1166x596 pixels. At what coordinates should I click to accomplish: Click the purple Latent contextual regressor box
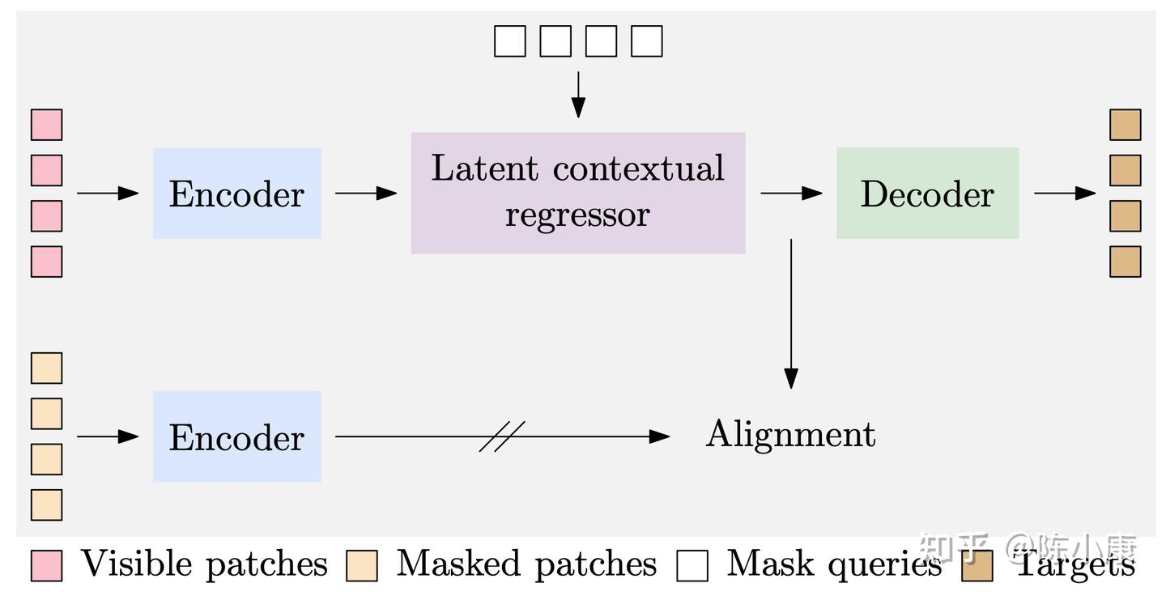click(577, 193)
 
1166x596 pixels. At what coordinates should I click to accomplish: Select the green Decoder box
click(927, 193)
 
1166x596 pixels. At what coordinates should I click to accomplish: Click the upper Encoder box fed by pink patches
click(236, 193)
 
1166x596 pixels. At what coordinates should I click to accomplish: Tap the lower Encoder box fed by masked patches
click(236, 436)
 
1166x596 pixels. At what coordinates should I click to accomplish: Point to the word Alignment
click(790, 434)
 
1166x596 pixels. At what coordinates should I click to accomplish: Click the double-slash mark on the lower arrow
click(502, 436)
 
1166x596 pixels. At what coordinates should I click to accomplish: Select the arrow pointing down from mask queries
click(577, 94)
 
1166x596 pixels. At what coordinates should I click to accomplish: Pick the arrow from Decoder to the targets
click(1065, 193)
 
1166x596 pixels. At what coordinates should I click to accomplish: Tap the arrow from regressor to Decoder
click(791, 193)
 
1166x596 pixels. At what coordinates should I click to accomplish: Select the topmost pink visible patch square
click(46, 125)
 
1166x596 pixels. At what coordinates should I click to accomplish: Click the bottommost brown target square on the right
click(1125, 262)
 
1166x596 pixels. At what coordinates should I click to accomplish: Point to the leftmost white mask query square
click(509, 40)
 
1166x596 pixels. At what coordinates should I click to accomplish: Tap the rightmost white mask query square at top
click(646, 40)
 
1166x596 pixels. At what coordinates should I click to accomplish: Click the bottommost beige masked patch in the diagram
click(46, 504)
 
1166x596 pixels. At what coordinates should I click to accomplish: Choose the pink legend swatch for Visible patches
click(46, 565)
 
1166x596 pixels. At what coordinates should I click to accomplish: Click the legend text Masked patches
click(526, 564)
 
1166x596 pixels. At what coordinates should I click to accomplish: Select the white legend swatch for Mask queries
click(692, 565)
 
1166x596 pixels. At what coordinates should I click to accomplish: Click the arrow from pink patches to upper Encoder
click(108, 193)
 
